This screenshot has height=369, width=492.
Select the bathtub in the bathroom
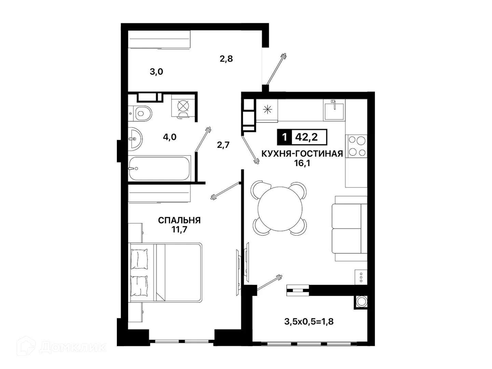coord(159,168)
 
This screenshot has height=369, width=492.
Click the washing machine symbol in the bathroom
coord(183,106)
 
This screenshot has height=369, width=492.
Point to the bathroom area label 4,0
coord(170,137)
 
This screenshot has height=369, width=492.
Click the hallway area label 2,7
coord(223,145)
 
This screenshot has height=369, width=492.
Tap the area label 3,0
coord(156,72)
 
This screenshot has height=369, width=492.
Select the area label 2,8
coord(226,59)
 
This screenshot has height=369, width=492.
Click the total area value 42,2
coord(306,137)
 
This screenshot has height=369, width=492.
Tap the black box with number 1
coord(285,137)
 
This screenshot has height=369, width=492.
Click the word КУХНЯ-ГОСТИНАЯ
coord(302,154)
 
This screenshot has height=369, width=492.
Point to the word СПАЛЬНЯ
coord(179,220)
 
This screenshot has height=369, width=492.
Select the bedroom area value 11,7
coord(179,230)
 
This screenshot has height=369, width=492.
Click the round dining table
coord(280,209)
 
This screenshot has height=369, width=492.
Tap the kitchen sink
coord(334,110)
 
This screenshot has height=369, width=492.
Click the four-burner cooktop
coord(356,146)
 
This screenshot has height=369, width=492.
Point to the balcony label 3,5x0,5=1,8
coord(309,322)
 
